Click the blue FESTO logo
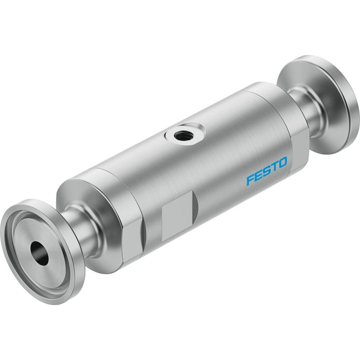pyautogui.click(x=267, y=171)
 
